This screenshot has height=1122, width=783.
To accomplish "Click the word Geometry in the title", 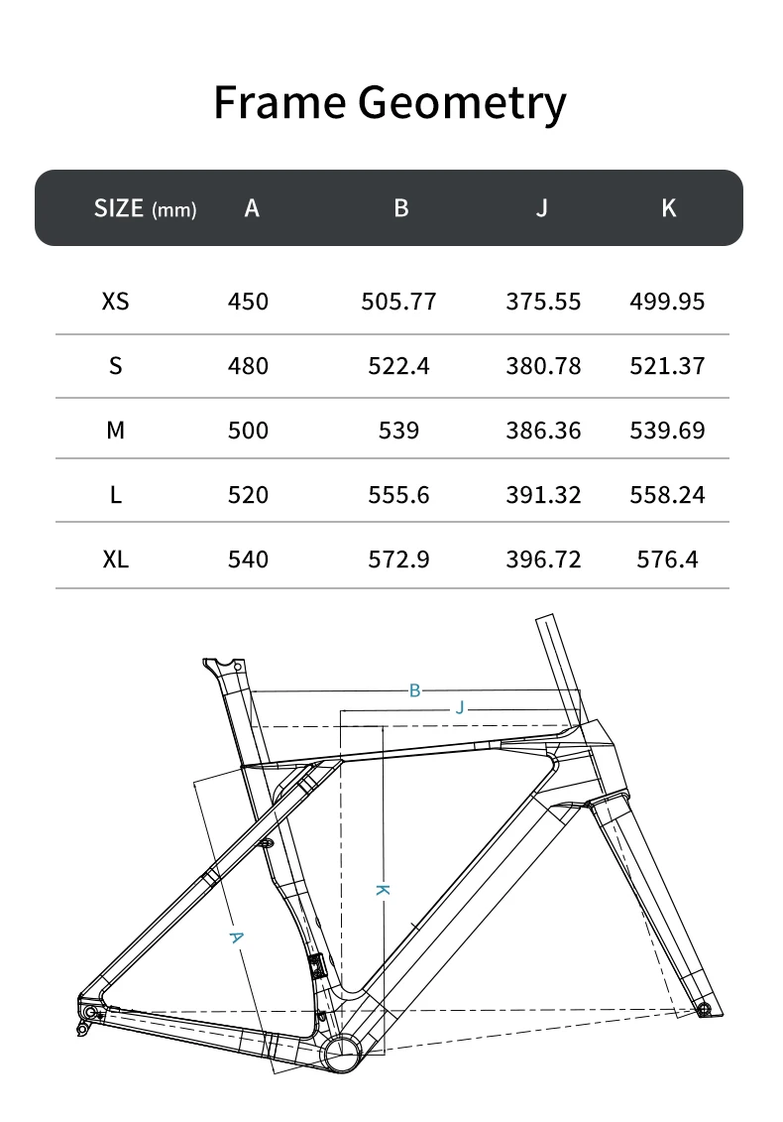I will (x=462, y=103).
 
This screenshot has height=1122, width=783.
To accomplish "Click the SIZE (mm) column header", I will (x=145, y=208).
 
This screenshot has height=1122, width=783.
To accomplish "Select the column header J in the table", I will (x=541, y=208).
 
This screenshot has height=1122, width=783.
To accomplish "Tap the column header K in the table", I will (x=668, y=208).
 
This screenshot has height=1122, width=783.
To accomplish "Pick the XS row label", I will (x=115, y=301).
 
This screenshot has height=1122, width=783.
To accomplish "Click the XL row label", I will (x=115, y=560).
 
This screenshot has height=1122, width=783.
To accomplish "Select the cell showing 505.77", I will (x=398, y=301).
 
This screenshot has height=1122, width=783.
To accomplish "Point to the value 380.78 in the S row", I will (x=542, y=366).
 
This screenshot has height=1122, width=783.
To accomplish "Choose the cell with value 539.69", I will (x=667, y=431).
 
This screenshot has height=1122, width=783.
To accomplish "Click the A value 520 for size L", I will (x=248, y=495).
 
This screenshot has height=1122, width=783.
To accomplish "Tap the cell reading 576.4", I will (x=667, y=560).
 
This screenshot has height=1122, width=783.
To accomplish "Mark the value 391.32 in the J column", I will (x=542, y=495).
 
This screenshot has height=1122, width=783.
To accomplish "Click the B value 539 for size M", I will (x=398, y=431).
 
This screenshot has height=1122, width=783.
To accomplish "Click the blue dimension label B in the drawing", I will (x=415, y=690).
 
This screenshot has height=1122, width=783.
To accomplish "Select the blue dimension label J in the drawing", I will (x=459, y=708).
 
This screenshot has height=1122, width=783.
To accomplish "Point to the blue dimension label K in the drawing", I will (x=382, y=890).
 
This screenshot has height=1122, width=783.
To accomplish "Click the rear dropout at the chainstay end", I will (x=91, y=1012).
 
